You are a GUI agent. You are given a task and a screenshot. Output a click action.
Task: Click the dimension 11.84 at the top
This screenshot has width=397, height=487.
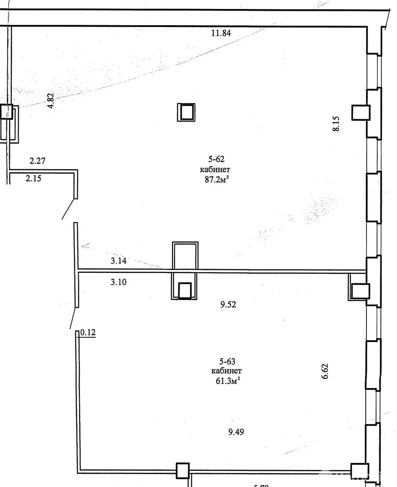[x=221, y=33]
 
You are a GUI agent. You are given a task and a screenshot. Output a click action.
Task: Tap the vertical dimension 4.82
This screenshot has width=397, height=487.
[x=51, y=100]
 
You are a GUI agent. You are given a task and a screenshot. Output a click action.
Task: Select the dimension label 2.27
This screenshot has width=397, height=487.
[x=37, y=161]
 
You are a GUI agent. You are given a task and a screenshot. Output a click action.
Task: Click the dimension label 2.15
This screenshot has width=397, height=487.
[x=33, y=178]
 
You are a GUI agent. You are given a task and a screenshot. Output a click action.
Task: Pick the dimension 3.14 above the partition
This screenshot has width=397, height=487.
[x=118, y=261]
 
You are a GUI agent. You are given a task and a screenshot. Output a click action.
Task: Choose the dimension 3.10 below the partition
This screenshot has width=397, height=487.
[x=118, y=282]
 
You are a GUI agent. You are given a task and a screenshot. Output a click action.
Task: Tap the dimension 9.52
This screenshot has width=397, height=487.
[x=228, y=304]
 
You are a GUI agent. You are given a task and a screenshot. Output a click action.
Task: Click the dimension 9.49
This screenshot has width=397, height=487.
[x=236, y=432]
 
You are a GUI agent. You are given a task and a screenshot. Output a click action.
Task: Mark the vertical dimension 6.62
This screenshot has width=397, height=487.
[x=325, y=371]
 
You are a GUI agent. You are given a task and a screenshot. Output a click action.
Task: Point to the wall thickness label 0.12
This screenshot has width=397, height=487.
[x=88, y=332]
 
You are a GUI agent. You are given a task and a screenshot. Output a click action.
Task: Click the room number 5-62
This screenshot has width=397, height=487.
[x=216, y=159]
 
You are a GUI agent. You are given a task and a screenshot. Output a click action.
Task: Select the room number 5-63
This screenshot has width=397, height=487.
[x=227, y=361]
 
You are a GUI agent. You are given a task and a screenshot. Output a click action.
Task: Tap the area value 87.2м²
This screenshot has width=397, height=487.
[x=216, y=180]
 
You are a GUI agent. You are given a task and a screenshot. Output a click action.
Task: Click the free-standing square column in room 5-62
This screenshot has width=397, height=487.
[x=186, y=112]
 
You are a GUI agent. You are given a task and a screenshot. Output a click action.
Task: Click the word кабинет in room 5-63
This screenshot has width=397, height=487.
[x=227, y=371]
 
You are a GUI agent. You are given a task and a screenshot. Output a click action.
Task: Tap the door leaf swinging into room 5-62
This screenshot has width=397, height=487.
[x=68, y=209]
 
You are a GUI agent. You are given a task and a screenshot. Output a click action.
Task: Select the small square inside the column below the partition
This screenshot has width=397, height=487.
[x=184, y=290]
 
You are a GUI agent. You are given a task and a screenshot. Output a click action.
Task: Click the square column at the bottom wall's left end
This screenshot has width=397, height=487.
[x=183, y=471]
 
